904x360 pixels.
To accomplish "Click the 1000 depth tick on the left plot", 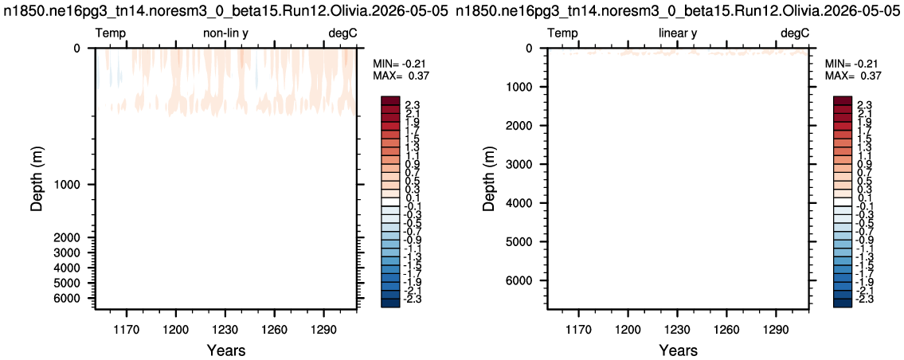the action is point(72,185).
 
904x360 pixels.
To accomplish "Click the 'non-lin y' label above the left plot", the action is point(225,33).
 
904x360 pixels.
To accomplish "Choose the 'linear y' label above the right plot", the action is point(678,33).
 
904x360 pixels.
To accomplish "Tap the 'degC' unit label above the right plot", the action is point(795,34).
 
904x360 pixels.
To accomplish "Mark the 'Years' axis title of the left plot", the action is point(225,350).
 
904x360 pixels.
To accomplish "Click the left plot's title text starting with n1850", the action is point(225,11).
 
